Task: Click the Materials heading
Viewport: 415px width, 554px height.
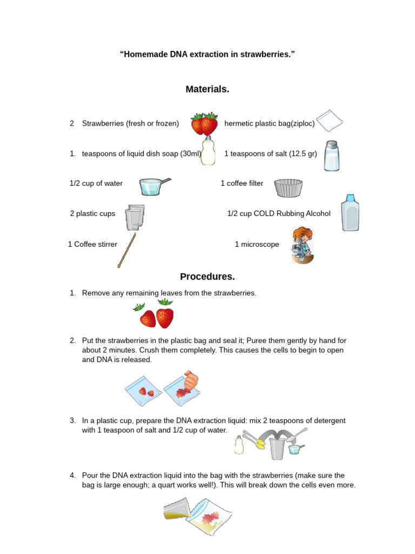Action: (207, 89)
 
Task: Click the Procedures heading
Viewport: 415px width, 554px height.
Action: (207, 276)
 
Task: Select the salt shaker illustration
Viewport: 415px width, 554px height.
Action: (331, 156)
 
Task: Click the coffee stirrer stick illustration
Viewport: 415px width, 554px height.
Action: (126, 250)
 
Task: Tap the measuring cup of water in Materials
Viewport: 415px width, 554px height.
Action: (153, 186)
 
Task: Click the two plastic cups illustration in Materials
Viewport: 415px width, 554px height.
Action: (135, 217)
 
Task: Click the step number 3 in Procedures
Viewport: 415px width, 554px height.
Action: (72, 420)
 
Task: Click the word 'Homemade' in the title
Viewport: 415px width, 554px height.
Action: (143, 55)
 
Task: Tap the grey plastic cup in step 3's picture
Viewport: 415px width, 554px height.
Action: (277, 448)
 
